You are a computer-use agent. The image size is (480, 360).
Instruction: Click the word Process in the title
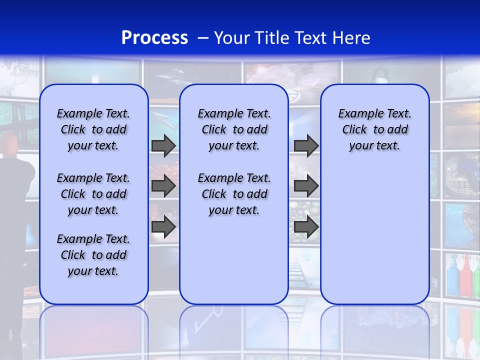tap(154, 38)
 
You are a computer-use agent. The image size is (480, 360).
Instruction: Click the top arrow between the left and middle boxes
tap(163, 145)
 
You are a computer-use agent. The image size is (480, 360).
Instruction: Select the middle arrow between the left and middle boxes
tap(163, 186)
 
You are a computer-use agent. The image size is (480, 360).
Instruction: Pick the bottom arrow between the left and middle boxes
tap(163, 226)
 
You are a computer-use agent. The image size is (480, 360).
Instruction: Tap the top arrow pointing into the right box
tap(306, 145)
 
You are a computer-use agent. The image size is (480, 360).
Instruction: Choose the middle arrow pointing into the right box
tap(306, 186)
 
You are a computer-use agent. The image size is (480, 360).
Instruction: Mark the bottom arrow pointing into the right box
tap(306, 226)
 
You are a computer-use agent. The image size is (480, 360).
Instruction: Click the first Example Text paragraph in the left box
tap(93, 129)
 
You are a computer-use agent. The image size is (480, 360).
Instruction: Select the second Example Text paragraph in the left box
tap(93, 194)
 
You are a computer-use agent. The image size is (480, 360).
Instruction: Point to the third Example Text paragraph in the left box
tap(93, 255)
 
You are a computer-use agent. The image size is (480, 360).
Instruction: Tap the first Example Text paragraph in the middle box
tap(234, 129)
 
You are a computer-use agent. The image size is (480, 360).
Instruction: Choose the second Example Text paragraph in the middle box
tap(234, 194)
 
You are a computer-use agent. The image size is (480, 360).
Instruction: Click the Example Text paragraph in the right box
tap(374, 129)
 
